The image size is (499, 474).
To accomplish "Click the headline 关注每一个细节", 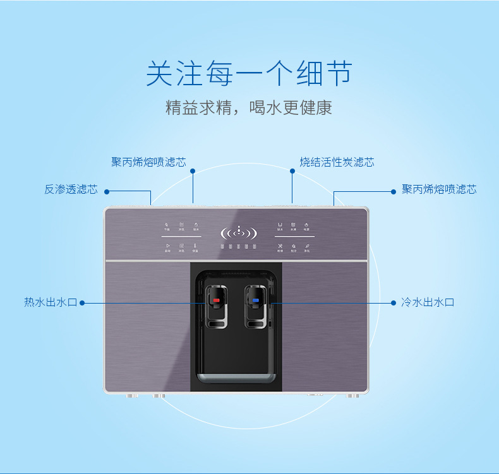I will pyautogui.click(x=249, y=74).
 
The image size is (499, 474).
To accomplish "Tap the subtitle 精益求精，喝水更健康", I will pyautogui.click(x=249, y=107).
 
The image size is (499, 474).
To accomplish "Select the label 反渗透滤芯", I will pyautogui.click(x=71, y=189).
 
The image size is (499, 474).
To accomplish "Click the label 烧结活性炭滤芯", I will pyautogui.click(x=337, y=162).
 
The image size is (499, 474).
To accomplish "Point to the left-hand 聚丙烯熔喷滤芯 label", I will pyautogui.click(x=148, y=162).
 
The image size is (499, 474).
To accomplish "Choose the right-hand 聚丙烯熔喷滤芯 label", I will pyautogui.click(x=439, y=189).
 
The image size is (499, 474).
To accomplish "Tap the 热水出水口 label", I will pyautogui.click(x=51, y=302).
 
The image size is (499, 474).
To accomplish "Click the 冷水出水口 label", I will pyautogui.click(x=428, y=302).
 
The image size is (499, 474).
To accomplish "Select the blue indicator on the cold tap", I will pyautogui.click(x=256, y=300).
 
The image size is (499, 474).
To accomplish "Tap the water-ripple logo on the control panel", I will pyautogui.click(x=238, y=233).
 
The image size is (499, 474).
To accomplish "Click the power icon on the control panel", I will pyautogui.click(x=306, y=224).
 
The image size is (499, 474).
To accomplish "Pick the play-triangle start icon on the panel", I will pyautogui.click(x=167, y=246).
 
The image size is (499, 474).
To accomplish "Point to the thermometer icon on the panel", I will pyautogui.click(x=195, y=246).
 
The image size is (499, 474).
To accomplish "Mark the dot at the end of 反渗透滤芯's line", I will pyautogui.click(x=107, y=191).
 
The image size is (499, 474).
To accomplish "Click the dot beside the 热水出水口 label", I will pyautogui.click(x=82, y=303).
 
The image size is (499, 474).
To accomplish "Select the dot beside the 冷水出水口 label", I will pyautogui.click(x=394, y=303).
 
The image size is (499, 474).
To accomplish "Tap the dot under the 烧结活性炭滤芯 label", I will pyautogui.click(x=292, y=170).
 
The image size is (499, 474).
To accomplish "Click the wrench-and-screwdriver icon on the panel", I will pyautogui.click(x=279, y=246).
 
